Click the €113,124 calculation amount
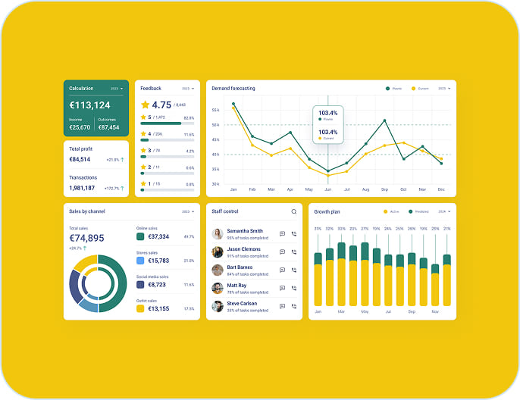click(x=90, y=105)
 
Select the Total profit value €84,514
click(x=80, y=160)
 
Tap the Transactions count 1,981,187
click(x=82, y=188)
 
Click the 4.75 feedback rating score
click(x=161, y=105)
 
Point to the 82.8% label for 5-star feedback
click(x=189, y=118)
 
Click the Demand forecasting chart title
click(x=233, y=89)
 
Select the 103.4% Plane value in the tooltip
click(x=327, y=113)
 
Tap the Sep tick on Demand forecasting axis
click(x=384, y=189)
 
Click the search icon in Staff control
click(x=294, y=212)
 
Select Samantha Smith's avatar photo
click(x=218, y=234)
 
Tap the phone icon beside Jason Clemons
click(x=294, y=252)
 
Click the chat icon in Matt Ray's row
click(x=282, y=289)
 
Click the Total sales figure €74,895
click(x=86, y=238)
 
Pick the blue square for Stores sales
click(x=140, y=261)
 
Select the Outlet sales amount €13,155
click(x=158, y=308)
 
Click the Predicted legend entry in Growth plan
click(x=419, y=212)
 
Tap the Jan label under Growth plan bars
click(x=318, y=312)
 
